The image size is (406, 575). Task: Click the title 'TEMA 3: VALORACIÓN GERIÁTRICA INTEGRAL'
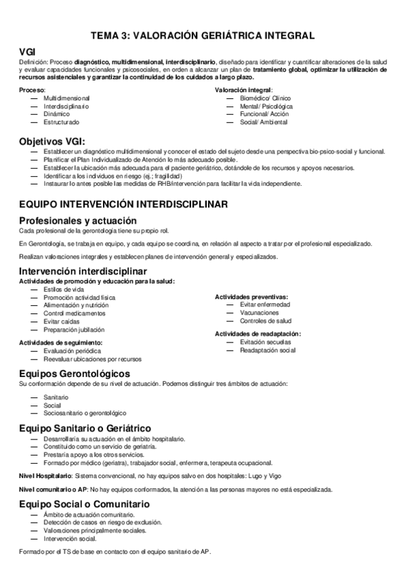pyautogui.click(x=203, y=35)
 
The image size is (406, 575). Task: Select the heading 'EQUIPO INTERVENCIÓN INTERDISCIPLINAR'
pyautogui.click(x=123, y=203)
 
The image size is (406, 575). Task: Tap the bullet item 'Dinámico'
pyautogui.click(x=56, y=114)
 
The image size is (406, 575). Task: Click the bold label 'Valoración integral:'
pyautogui.click(x=244, y=90)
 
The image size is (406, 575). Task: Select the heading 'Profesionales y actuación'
pyautogui.click(x=78, y=220)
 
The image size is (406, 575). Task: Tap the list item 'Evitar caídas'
pyautogui.click(x=62, y=321)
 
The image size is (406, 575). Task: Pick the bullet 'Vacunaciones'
pyautogui.click(x=260, y=313)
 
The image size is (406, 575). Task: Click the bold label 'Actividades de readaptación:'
pyautogui.click(x=258, y=334)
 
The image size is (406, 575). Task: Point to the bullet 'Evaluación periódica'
pyautogui.click(x=72, y=351)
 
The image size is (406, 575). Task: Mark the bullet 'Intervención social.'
pyautogui.click(x=69, y=538)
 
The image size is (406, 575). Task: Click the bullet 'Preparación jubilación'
pyautogui.click(x=74, y=330)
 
